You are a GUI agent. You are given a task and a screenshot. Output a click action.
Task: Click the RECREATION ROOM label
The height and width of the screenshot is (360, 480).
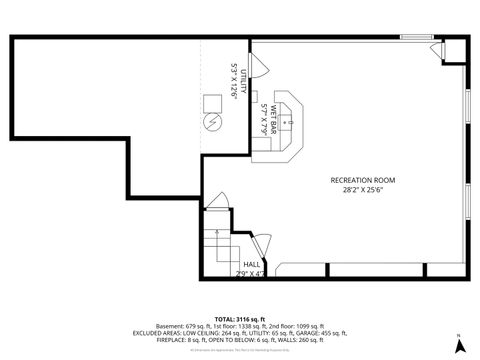pos(362,180)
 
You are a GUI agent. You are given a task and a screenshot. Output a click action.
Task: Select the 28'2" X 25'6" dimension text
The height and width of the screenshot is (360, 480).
pos(362,190)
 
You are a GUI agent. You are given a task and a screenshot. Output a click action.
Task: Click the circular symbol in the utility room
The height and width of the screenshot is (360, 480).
pos(212,122)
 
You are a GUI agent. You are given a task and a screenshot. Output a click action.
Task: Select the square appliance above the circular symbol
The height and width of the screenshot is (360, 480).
pos(212,102)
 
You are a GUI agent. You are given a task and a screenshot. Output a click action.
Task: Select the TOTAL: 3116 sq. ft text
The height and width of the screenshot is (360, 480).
pos(240,317)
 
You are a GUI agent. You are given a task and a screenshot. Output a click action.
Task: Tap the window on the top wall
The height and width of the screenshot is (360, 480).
pos(415,38)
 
